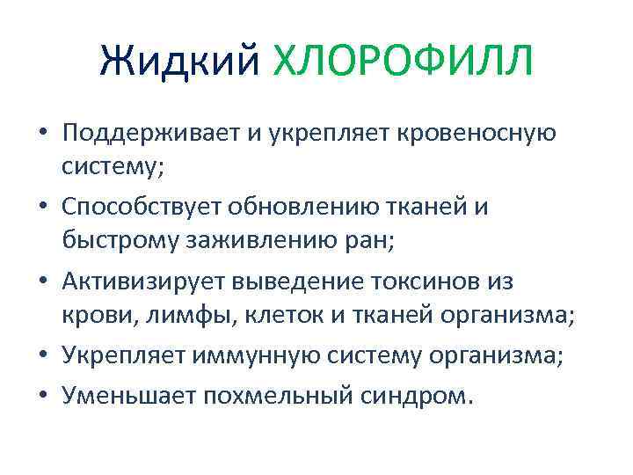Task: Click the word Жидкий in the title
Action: (180, 62)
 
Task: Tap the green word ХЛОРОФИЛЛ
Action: (403, 62)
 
